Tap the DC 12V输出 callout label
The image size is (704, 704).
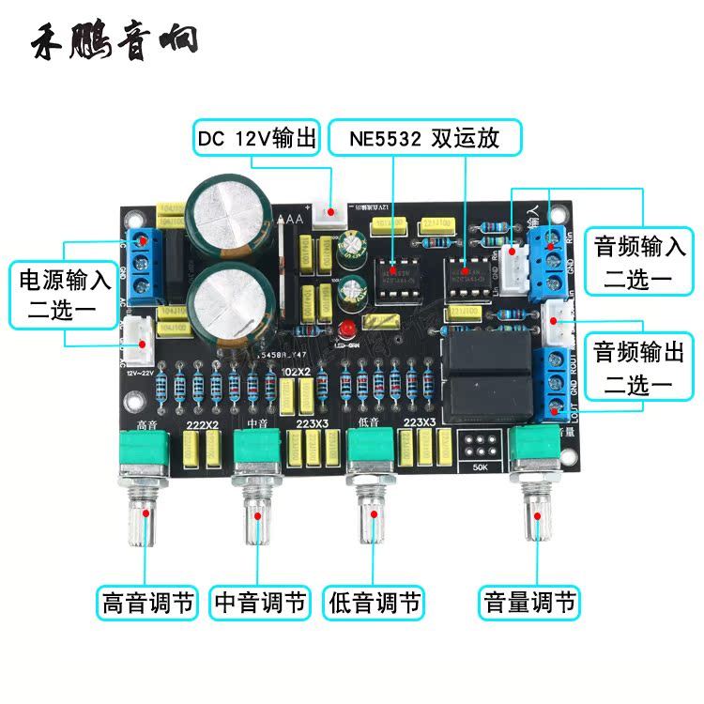tap(257, 138)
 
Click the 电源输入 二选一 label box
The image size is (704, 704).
tap(65, 295)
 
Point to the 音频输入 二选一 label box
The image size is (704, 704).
tap(639, 263)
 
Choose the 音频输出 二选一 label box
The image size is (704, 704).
tap(639, 367)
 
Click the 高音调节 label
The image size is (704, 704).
tap(147, 602)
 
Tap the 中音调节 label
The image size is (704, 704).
tap(261, 602)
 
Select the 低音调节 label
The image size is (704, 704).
tap(374, 602)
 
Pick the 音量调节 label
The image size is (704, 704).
tap(528, 602)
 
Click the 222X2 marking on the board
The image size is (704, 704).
tap(202, 426)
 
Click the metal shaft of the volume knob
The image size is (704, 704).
tap(536, 521)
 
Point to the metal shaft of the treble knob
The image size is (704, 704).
tap(145, 521)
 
